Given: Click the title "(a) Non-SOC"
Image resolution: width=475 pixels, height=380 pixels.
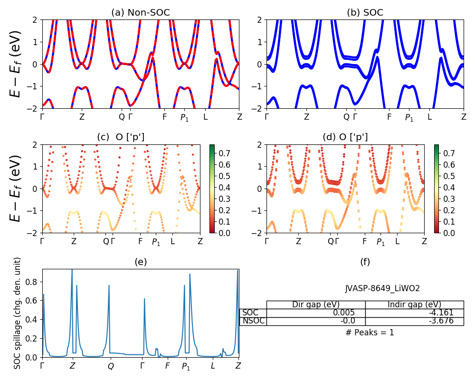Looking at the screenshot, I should [x=140, y=13].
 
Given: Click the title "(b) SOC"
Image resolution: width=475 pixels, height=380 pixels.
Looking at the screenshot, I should [x=365, y=13].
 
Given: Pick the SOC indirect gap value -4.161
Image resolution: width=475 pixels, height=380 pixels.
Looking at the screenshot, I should [x=441, y=313].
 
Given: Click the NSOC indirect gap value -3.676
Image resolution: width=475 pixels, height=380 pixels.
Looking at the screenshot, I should [x=441, y=321].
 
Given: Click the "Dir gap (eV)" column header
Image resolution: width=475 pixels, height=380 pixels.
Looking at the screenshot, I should [x=316, y=304].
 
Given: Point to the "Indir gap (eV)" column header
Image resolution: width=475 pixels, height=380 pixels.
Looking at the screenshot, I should [x=414, y=304].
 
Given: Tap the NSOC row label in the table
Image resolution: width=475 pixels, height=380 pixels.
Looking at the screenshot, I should [x=253, y=321].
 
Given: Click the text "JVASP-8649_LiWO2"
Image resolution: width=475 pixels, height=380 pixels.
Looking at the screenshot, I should [x=382, y=288].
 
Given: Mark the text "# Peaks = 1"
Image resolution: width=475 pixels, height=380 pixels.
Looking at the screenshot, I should [x=370, y=332].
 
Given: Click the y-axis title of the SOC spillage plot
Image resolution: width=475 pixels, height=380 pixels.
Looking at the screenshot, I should [x=18, y=313].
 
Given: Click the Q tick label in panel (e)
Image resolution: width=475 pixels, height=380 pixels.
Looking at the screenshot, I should [x=111, y=366].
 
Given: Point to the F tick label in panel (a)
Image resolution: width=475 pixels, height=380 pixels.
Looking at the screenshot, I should [x=165, y=116].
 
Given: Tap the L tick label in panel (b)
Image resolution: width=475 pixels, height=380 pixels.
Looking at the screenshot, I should [x=429, y=116].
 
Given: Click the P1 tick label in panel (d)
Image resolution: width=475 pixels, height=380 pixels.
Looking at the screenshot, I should [x=381, y=242].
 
